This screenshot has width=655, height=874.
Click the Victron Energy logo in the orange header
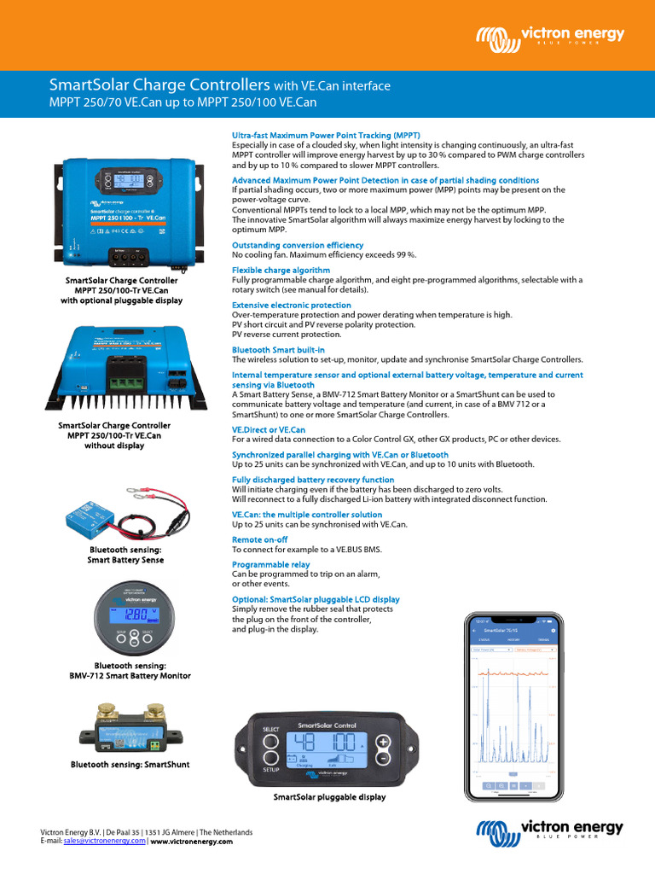point(549,36)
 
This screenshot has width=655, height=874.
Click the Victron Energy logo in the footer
point(549,830)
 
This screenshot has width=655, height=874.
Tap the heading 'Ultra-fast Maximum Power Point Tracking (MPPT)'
point(326,135)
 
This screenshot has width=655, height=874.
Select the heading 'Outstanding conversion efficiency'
point(298,245)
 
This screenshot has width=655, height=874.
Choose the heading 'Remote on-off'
point(259,539)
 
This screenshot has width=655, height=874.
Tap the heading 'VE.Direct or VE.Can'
point(269,429)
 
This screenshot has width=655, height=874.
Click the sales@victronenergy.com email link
point(105,841)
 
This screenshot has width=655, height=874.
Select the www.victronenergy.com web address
point(191,841)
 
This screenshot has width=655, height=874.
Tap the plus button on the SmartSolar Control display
point(384,741)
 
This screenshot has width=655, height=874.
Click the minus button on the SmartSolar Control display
point(384,757)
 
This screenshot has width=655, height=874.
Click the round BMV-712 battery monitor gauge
point(129,619)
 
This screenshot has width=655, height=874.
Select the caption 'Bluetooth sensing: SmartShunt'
point(130,765)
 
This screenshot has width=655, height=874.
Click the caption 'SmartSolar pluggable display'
point(329,796)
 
